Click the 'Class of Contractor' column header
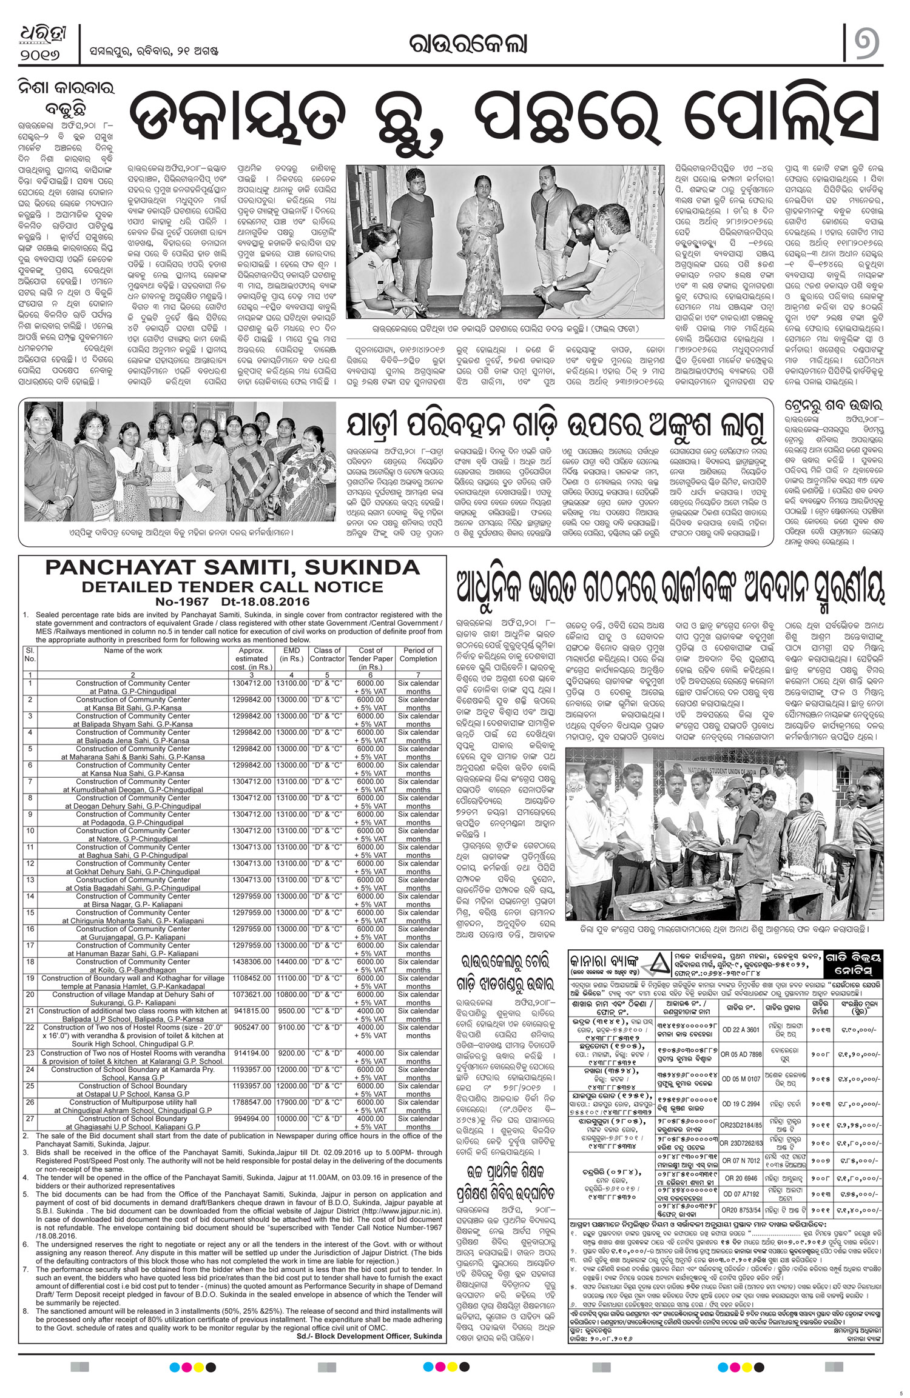coord(328,654)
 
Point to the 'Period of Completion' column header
coord(419,654)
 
